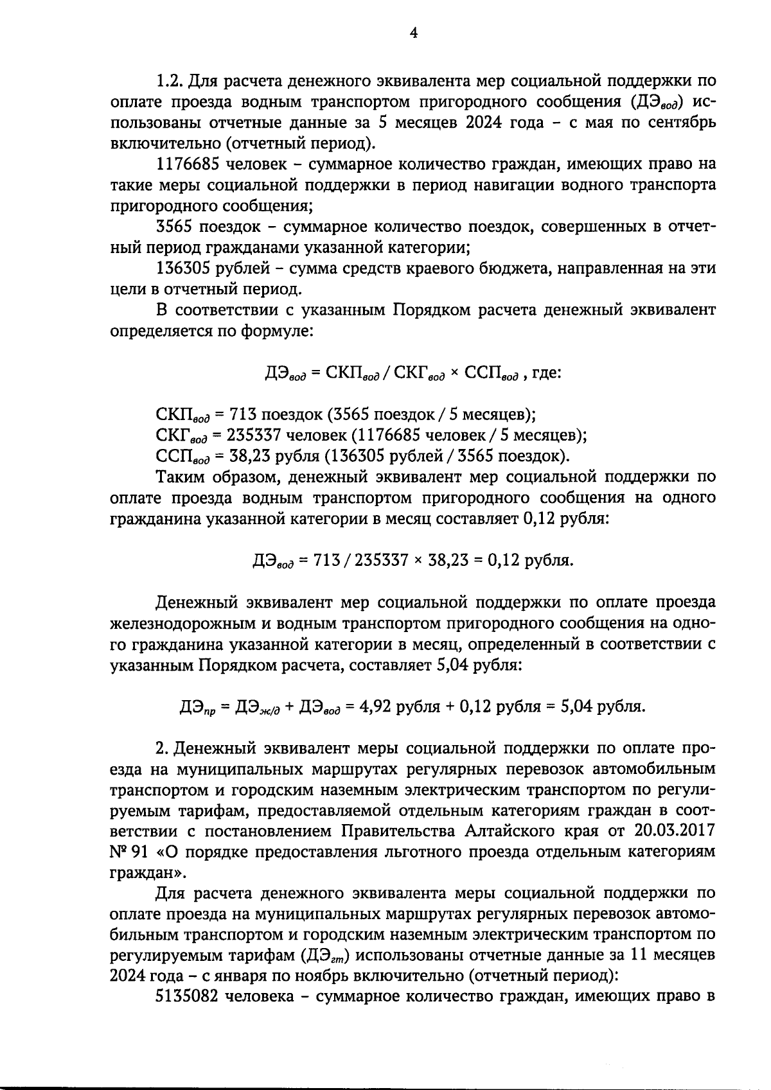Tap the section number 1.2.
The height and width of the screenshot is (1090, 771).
point(171,82)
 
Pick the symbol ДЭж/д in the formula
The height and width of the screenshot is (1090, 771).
point(258,708)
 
